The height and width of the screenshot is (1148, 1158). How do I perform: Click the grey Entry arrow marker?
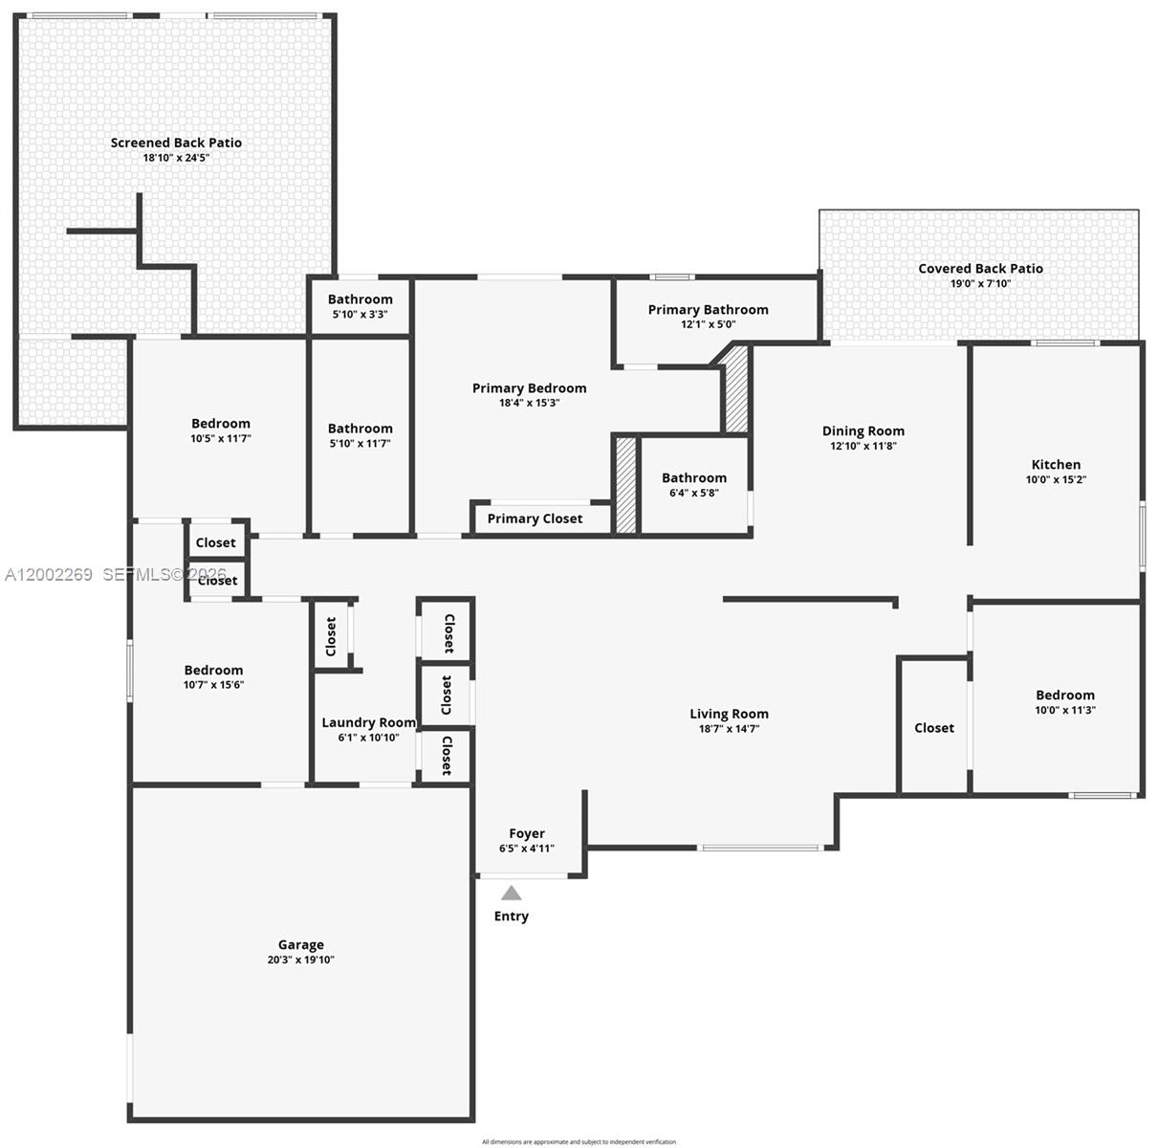pyautogui.click(x=512, y=894)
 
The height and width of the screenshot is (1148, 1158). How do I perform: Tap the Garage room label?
pyautogui.click(x=301, y=944)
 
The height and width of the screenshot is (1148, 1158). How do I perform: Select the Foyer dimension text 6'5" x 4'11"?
pyautogui.click(x=526, y=849)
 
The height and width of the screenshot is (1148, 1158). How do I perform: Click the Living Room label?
pyautogui.click(x=729, y=714)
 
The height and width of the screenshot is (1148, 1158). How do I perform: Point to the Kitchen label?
pyautogui.click(x=1056, y=464)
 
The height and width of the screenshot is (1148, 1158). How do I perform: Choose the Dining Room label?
pyautogui.click(x=863, y=430)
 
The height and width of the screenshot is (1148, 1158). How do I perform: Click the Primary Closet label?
pyautogui.click(x=535, y=519)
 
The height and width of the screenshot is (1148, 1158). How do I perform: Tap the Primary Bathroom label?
pyautogui.click(x=708, y=309)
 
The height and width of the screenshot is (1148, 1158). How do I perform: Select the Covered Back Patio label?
pyautogui.click(x=980, y=268)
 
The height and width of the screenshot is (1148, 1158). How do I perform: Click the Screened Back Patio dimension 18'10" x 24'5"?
pyautogui.click(x=176, y=158)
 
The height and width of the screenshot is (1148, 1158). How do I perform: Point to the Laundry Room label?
pyautogui.click(x=368, y=722)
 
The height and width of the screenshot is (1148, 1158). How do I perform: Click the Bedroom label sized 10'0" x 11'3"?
pyautogui.click(x=1064, y=695)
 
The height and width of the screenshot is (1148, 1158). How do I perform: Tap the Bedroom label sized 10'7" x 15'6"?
pyautogui.click(x=213, y=670)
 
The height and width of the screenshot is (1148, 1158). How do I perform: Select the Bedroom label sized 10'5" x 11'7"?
pyautogui.click(x=220, y=423)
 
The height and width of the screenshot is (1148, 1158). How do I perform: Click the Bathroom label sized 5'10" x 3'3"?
pyautogui.click(x=360, y=299)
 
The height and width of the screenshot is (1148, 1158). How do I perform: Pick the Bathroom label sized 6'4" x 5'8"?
pyautogui.click(x=693, y=477)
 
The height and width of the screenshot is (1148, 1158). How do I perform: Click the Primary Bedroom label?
pyautogui.click(x=529, y=387)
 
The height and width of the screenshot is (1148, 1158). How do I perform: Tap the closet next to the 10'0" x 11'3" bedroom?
pyautogui.click(x=933, y=728)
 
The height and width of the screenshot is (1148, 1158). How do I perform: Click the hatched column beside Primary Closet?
pyautogui.click(x=625, y=485)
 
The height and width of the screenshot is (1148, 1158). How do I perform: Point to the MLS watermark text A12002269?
pyautogui.click(x=49, y=575)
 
